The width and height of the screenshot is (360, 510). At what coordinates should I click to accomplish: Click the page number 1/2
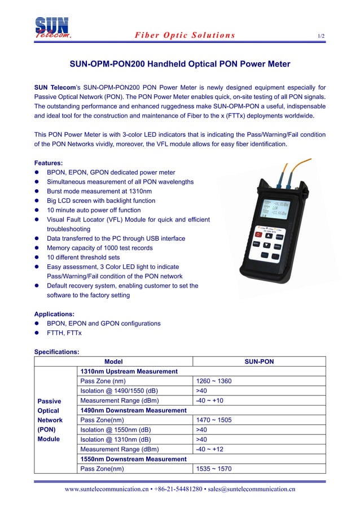(321, 36)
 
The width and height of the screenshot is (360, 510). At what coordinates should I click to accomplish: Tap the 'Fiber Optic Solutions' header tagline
(185, 35)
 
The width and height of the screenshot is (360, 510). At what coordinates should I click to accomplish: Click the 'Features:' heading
(49, 163)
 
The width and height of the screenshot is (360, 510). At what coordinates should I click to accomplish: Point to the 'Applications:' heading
(54, 314)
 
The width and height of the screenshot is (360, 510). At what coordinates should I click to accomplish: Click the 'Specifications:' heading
(56, 352)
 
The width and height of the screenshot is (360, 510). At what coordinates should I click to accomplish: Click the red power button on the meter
(258, 234)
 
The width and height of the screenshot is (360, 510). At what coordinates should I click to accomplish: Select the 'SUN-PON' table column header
(259, 361)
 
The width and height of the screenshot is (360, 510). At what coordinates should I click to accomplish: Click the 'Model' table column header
(113, 361)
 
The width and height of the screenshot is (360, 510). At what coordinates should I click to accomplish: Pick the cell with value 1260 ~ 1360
(213, 381)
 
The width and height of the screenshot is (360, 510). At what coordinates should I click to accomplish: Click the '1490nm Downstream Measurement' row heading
(133, 411)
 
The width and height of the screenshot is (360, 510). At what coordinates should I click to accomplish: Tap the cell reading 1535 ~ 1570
(213, 469)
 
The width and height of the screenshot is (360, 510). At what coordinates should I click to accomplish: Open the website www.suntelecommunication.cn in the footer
(106, 489)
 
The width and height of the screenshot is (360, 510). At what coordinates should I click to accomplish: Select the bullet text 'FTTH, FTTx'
(64, 333)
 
